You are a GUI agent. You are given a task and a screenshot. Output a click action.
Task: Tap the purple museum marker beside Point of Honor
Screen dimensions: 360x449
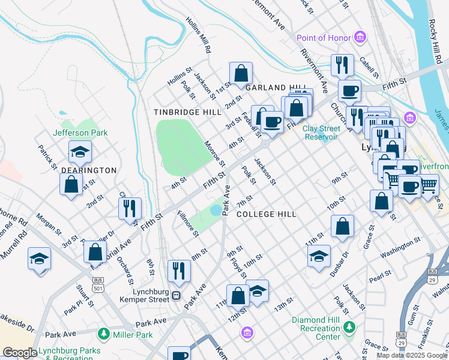pos(361,38)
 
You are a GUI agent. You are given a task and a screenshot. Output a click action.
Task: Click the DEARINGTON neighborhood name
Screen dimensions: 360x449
pos(89,170)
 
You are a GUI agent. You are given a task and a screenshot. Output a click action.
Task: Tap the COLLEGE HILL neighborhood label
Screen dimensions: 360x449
pos(267,214)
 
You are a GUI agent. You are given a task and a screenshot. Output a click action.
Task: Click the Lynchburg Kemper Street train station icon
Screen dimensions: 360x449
pos(176,295)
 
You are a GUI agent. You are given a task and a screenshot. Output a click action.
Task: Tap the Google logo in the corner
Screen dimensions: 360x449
pos(19,353)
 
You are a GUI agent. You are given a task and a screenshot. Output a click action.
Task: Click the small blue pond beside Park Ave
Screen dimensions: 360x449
pos(215,211)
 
